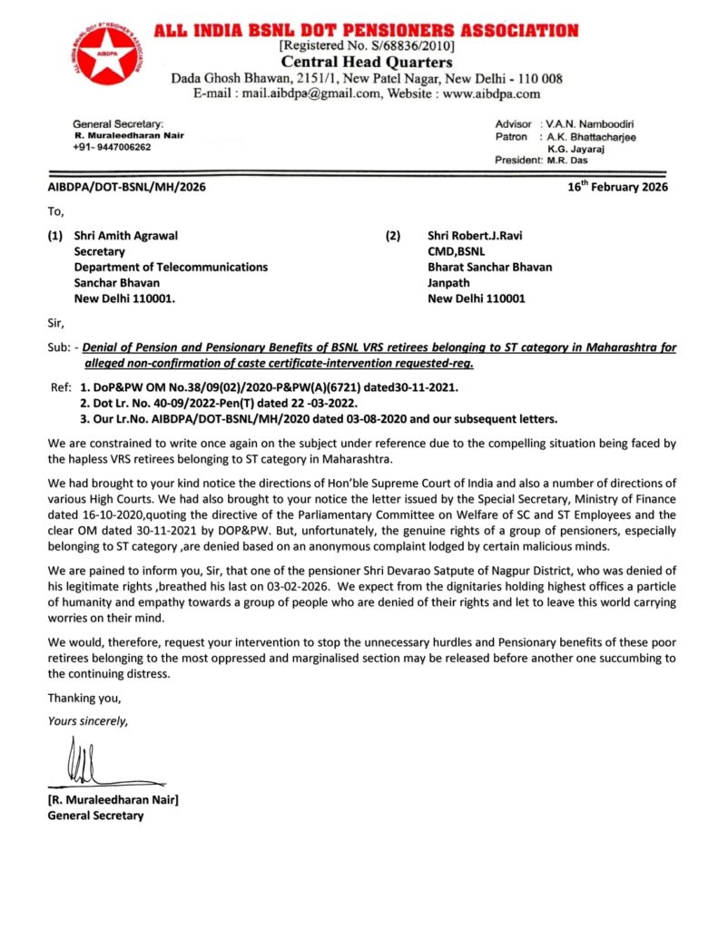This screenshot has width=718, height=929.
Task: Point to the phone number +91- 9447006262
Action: tap(113, 147)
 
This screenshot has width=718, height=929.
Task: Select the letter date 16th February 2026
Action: tap(617, 187)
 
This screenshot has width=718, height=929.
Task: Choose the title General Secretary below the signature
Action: tap(95, 816)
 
